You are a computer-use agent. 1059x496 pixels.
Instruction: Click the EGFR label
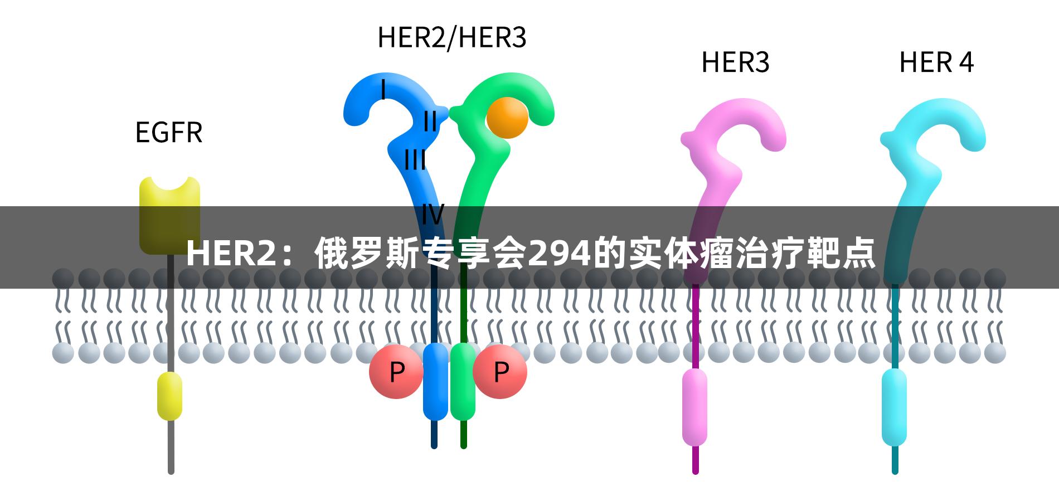(169, 133)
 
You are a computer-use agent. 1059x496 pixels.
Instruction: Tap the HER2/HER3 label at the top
(452, 38)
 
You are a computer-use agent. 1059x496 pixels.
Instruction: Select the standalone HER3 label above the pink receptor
(735, 62)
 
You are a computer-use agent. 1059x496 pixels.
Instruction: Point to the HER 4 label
(936, 62)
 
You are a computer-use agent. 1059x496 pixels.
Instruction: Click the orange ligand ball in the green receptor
(507, 118)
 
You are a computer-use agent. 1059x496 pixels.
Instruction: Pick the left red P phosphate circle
(396, 372)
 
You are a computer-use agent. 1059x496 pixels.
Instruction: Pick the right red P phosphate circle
(501, 371)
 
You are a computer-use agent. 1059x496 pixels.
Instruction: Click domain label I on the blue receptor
(383, 89)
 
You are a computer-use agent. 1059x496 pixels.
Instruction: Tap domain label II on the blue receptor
(430, 121)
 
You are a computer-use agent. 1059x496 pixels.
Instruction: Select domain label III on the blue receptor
(415, 160)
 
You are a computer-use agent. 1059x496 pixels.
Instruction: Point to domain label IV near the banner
(433, 213)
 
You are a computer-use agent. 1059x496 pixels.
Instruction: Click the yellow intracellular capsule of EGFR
(169, 396)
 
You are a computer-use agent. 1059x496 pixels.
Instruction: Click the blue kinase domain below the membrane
(435, 381)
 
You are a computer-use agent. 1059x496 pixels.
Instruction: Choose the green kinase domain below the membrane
(463, 381)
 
